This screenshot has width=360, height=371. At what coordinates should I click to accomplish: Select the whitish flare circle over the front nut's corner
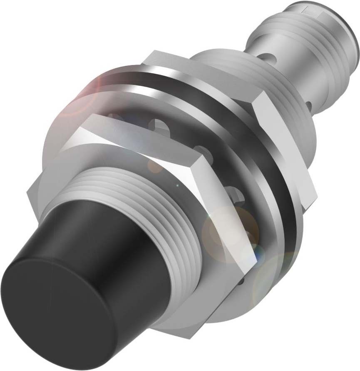pyautogui.click(x=225, y=233)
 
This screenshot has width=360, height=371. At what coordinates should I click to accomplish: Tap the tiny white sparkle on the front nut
pyautogui.click(x=178, y=184)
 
